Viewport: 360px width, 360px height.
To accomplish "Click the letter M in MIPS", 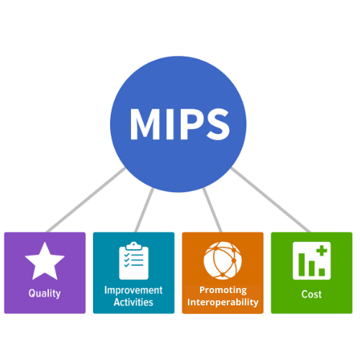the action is pyautogui.click(x=145, y=124).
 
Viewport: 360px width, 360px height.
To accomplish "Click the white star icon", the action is pyautogui.click(x=45, y=261).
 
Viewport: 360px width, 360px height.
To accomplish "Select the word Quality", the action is pyautogui.click(x=45, y=293).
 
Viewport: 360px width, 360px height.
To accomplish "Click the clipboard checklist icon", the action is pyautogui.click(x=134, y=261).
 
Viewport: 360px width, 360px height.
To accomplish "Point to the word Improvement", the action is pyautogui.click(x=133, y=290).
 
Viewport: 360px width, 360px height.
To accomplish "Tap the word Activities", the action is pyautogui.click(x=133, y=302).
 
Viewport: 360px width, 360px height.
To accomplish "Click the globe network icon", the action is pyautogui.click(x=222, y=261).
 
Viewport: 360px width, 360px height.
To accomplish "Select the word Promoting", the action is pyautogui.click(x=223, y=290).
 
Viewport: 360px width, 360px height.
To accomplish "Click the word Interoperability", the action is pyautogui.click(x=222, y=302).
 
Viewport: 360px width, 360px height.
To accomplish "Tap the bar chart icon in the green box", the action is pyautogui.click(x=312, y=261).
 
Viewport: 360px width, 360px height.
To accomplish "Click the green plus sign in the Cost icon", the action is pyautogui.click(x=322, y=251).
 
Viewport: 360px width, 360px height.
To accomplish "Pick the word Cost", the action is pyautogui.click(x=312, y=294).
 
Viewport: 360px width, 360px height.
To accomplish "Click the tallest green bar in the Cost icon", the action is pyautogui.click(x=302, y=264).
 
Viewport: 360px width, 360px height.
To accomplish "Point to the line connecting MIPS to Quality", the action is pyautogui.click(x=86, y=200).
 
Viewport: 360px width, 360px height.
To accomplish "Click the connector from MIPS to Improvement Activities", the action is pyautogui.click(x=144, y=210).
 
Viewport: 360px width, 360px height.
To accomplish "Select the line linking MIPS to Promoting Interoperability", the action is pyautogui.click(x=212, y=210).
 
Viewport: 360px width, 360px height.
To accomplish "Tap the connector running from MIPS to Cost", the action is pyautogui.click(x=271, y=200).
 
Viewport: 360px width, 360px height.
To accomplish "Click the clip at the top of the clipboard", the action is pyautogui.click(x=134, y=246).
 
